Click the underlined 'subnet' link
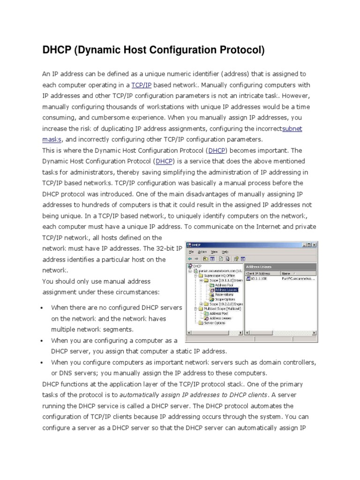pos(293,128)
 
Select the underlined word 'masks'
pos(52,140)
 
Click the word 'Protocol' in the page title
pos(239,50)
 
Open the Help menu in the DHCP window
pos(225,252)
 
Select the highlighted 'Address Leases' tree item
pos(226,290)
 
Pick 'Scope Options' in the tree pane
pos(225,299)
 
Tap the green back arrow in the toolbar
pos(190,258)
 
